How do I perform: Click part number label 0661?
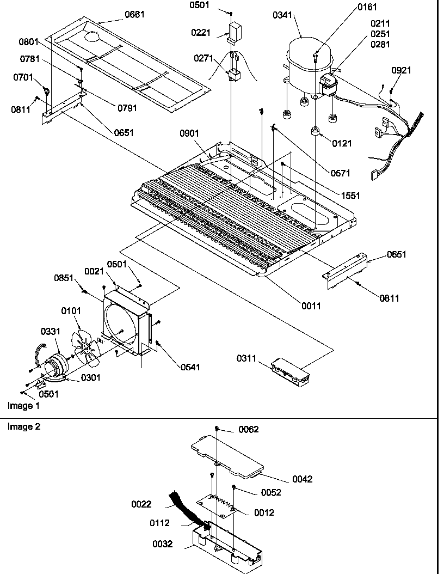(134, 15)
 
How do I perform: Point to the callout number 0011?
(312, 306)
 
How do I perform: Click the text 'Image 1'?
(23, 406)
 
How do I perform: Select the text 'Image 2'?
(23, 426)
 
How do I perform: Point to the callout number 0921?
(402, 70)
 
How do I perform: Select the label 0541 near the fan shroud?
(191, 367)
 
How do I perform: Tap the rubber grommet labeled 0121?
(314, 132)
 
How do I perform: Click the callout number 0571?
(340, 173)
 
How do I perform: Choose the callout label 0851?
(64, 278)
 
